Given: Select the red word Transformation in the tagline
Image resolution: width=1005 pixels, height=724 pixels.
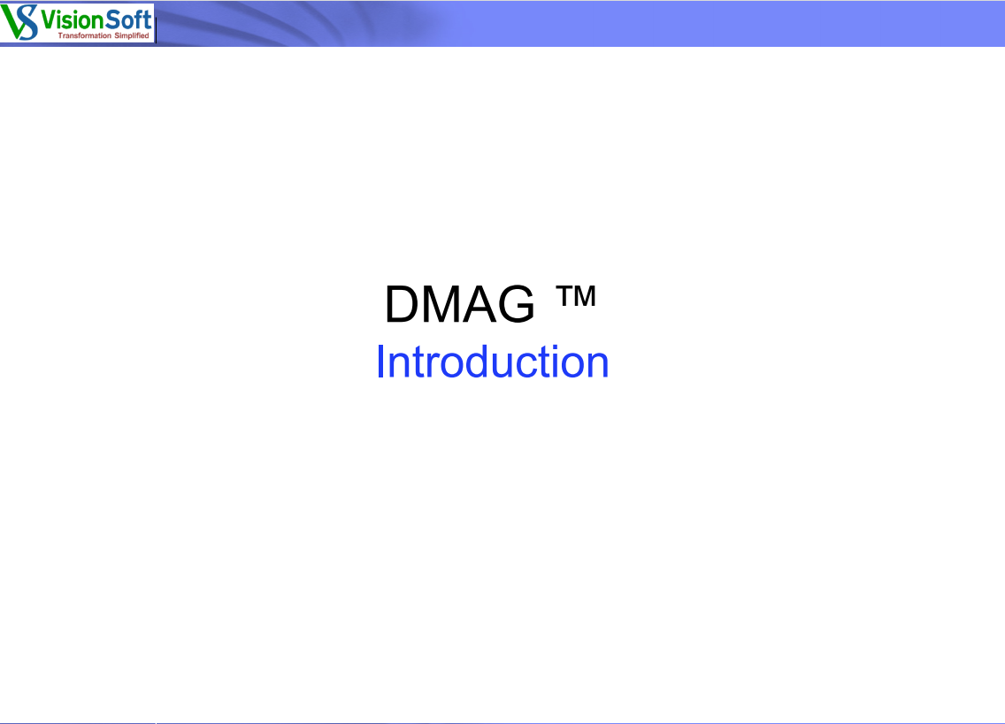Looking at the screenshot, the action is point(85,36).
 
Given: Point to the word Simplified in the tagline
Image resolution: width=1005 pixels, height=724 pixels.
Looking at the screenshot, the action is point(132,36).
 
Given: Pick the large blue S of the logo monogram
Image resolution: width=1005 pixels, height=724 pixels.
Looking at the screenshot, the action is point(27,22).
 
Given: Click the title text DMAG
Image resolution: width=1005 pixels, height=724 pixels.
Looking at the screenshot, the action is point(459,304).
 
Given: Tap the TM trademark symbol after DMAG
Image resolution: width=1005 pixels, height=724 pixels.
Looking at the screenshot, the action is point(576,296).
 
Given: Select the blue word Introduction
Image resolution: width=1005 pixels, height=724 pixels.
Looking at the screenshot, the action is point(492,362).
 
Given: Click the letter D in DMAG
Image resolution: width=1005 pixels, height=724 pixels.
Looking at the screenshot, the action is point(402,304).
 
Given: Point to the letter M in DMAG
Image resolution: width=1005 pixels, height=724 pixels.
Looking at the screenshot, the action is point(442,304).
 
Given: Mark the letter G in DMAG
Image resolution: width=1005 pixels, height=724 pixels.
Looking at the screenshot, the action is point(516,304).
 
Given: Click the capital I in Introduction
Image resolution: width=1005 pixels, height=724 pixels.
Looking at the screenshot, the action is point(380,362).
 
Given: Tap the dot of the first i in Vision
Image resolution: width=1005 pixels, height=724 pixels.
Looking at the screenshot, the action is point(58,11).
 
